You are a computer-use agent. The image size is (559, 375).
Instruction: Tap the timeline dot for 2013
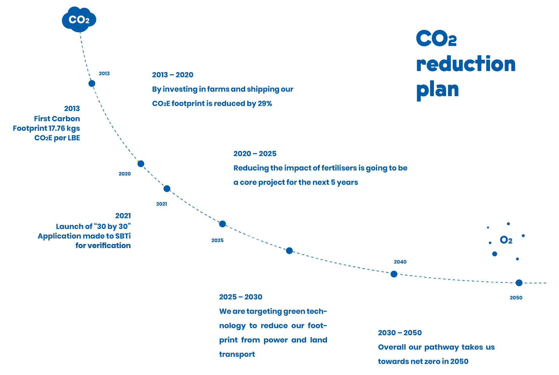92,83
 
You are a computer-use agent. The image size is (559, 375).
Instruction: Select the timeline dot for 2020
141,164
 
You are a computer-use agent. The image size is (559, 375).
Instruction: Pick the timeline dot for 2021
167,189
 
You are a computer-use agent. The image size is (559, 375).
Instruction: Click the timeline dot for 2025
222,224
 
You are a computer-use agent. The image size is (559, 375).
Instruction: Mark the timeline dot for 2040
394,274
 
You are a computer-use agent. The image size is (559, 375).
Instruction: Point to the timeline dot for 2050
519,283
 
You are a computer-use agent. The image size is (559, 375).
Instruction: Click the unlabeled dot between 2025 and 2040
289,251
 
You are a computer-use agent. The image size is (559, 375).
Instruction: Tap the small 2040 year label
400,262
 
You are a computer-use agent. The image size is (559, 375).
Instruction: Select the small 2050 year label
516,298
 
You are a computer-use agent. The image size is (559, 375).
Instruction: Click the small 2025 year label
217,240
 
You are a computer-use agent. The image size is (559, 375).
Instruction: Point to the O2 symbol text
506,240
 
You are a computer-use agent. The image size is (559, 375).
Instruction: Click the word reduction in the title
466,64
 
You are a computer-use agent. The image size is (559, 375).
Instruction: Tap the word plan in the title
437,90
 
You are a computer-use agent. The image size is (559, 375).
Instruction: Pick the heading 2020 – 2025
255,154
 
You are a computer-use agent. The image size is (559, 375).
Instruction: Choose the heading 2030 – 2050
400,333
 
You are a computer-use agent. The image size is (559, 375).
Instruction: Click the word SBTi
123,236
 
